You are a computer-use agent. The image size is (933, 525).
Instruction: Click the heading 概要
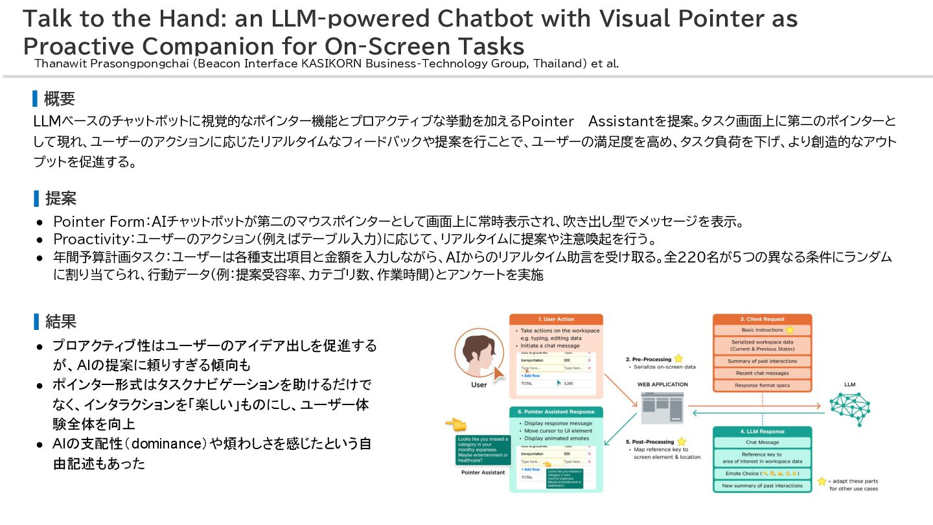coord(59,99)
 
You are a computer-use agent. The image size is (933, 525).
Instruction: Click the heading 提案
coord(60,198)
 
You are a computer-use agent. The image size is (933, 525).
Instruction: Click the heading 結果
coord(60,321)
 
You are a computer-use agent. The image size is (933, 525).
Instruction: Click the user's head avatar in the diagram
coord(479,355)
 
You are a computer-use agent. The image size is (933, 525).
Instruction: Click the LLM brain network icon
coord(849,407)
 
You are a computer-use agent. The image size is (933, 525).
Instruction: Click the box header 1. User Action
coord(556,320)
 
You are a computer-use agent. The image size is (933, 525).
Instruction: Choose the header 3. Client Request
coord(762,319)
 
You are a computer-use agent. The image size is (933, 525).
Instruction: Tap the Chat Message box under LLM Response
coord(762,442)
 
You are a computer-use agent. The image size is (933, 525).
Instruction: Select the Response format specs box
coord(762,386)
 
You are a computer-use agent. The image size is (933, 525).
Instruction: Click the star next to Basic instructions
coord(789,330)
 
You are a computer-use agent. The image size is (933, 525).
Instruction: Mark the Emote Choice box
coord(762,474)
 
